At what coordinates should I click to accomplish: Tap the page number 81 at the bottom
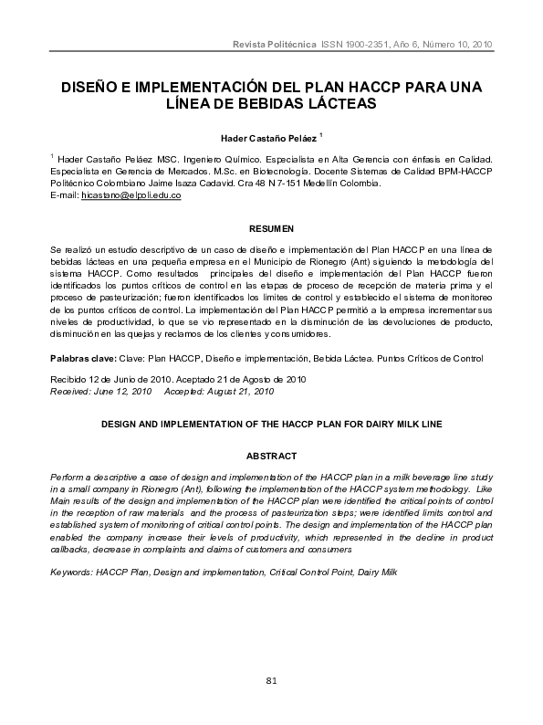[271, 681]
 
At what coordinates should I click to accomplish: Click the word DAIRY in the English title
[385, 424]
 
